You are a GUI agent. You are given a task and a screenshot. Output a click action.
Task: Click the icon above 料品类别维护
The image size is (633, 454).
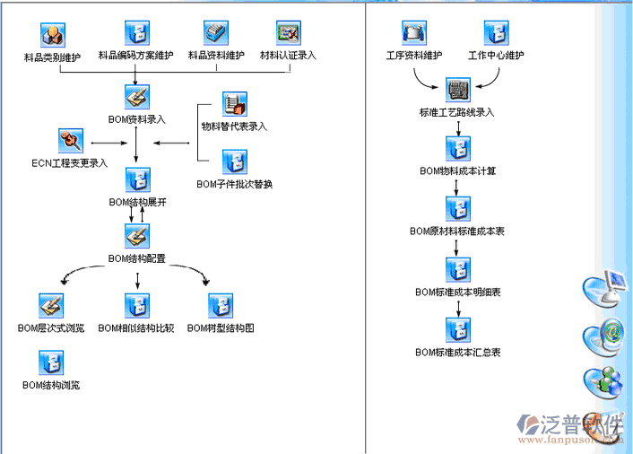pyautogui.click(x=53, y=35)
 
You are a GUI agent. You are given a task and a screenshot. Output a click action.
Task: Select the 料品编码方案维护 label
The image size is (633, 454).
pyautogui.click(x=136, y=56)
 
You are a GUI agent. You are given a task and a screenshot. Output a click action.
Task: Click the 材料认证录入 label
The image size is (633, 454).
pyautogui.click(x=288, y=56)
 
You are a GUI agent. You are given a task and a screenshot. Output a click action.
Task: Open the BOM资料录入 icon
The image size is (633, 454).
pyautogui.click(x=137, y=97)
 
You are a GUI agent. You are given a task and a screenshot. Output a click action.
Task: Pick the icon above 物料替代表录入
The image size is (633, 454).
pyautogui.click(x=234, y=104)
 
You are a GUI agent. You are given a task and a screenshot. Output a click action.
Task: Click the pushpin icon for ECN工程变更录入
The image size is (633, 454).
pyautogui.click(x=70, y=141)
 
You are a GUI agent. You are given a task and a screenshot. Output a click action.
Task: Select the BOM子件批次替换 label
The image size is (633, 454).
pyautogui.click(x=234, y=185)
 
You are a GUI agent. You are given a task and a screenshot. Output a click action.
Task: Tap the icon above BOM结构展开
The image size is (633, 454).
pyautogui.click(x=137, y=179)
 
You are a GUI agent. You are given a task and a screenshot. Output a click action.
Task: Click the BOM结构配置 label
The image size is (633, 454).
pyautogui.click(x=137, y=258)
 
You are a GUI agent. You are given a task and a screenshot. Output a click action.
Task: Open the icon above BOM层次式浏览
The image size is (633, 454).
pyautogui.click(x=51, y=306)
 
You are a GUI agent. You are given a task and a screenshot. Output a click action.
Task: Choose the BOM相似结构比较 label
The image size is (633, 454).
pyautogui.click(x=136, y=328)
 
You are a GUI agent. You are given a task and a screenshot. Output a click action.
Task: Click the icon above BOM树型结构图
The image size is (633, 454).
pyautogui.click(x=221, y=306)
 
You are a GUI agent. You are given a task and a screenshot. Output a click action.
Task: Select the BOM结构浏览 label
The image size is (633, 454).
pyautogui.click(x=51, y=385)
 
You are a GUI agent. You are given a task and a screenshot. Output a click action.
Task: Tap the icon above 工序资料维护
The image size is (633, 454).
pyautogui.click(x=414, y=34)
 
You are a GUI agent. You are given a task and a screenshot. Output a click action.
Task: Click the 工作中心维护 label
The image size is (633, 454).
pyautogui.click(x=496, y=56)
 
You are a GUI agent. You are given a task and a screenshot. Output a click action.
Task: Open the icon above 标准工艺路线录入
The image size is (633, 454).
pyautogui.click(x=457, y=90)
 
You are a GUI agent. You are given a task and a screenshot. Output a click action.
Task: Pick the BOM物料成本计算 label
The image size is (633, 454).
pyautogui.click(x=457, y=170)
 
